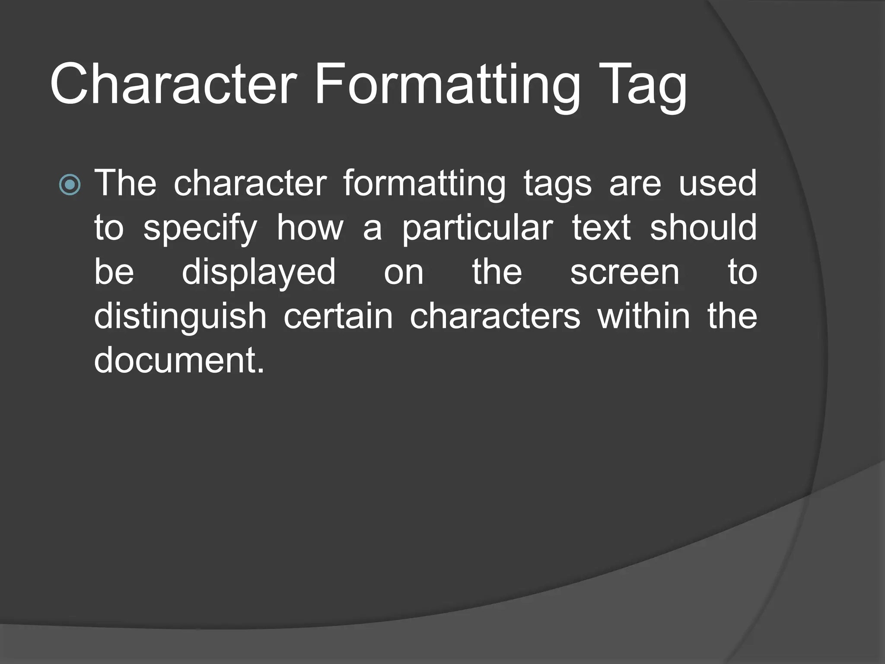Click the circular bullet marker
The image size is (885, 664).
70,185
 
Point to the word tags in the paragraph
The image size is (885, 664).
557,184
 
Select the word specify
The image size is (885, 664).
200,229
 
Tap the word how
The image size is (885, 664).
310,228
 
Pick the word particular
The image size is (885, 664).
478,229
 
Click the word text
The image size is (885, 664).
601,228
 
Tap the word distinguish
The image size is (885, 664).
180,317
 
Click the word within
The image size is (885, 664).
644,316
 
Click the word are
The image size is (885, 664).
635,184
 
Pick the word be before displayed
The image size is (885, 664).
114,272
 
